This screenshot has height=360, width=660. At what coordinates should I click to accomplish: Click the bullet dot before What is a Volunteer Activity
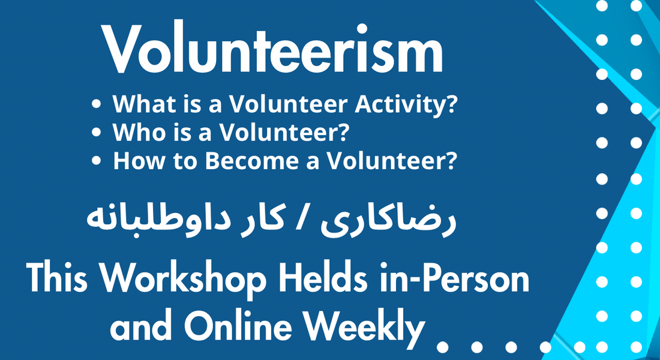97,105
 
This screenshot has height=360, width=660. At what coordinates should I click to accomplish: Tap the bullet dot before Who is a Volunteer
97,133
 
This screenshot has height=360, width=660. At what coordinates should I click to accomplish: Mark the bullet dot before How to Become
97,161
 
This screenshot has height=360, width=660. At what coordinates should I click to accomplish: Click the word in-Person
452,279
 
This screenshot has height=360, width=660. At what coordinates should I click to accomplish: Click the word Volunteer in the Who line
286,133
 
